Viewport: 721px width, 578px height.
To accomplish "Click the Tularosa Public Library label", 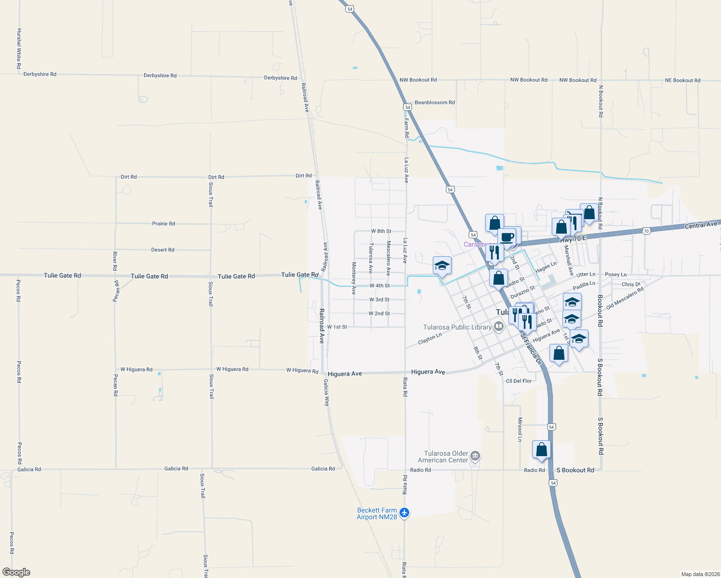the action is coord(457,327).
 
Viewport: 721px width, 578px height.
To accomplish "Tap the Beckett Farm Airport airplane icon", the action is coord(404,513).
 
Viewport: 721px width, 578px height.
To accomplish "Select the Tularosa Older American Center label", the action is coord(446,457).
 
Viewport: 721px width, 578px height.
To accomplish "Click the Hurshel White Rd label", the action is coord(19,48).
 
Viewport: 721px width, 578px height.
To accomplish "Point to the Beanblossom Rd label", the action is coord(435,103).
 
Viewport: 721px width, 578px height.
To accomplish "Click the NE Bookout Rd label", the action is coord(682,80).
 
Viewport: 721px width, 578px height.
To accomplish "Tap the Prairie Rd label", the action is coord(163,223).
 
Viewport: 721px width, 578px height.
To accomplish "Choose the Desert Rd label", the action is coord(162,250).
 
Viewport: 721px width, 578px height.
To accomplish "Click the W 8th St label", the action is coord(381,231).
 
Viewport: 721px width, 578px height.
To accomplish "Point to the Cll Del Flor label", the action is coord(519,381).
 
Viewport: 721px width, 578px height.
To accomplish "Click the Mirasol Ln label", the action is coord(520,430).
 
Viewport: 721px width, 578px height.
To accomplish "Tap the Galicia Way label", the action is coord(326,393).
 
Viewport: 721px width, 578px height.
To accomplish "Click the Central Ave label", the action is coord(701,225).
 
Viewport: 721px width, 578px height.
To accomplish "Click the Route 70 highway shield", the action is coord(646,231).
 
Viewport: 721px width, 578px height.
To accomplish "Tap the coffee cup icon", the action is coord(507,236).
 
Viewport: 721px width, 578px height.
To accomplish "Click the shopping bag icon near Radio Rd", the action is coord(541,449).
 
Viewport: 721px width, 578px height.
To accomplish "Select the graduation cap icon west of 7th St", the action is coord(442,265).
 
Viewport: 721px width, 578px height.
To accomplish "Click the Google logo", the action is coord(16,572).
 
